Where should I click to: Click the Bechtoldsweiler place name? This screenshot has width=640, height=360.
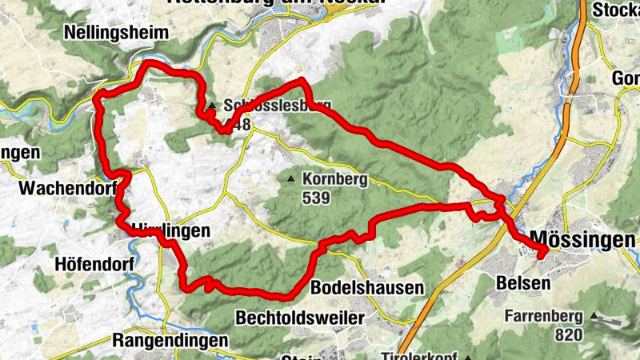(300, 318)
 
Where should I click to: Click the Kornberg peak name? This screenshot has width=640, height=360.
(335, 179)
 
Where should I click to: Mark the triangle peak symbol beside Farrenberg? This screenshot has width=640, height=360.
(593, 317)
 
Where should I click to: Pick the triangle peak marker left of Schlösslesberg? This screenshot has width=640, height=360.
(212, 106)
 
